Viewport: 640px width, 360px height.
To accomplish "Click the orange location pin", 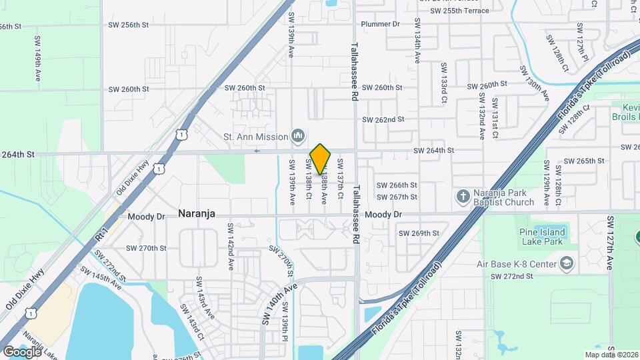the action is pyautogui.click(x=321, y=159).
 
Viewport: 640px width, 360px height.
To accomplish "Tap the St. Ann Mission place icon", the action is pyautogui.click(x=298, y=137).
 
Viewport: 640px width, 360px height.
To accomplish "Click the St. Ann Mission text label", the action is pyautogui.click(x=255, y=137).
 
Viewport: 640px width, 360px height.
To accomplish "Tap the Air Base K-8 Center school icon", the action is pyautogui.click(x=567, y=264).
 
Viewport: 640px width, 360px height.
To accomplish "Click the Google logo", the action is pyautogui.click(x=23, y=351).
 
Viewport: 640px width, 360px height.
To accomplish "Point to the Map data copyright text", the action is pyautogui.click(x=611, y=355).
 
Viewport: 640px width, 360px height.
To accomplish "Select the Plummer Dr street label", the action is pyautogui.click(x=380, y=24).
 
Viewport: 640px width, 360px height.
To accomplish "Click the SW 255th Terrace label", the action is pyautogui.click(x=459, y=11).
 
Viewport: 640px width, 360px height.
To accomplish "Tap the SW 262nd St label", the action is pyautogui.click(x=383, y=120).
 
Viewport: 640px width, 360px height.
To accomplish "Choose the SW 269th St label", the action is pyautogui.click(x=419, y=233).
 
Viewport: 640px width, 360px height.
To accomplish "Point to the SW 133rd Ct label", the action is pyautogui.click(x=443, y=85).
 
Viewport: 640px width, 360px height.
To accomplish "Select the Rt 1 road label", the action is pyautogui.click(x=101, y=233).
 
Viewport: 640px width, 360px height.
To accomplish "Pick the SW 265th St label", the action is pyautogui.click(x=583, y=161).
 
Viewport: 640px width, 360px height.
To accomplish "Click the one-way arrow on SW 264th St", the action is pyautogui.click(x=258, y=151).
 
